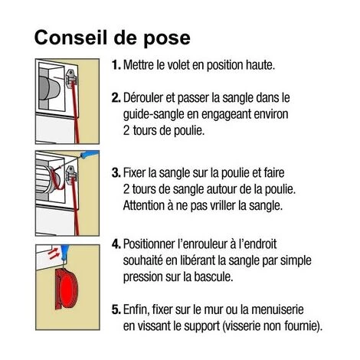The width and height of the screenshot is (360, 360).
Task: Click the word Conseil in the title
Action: pos(70,38)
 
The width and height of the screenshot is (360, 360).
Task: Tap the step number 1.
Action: pos(116,65)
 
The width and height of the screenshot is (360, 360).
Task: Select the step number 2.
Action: pos(116,98)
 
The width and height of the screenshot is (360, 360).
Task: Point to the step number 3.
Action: pos(116,173)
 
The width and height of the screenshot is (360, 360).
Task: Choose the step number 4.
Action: pos(116,244)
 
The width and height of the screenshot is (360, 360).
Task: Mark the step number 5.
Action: pos(116,309)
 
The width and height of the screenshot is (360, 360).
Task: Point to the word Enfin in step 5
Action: pos(136,310)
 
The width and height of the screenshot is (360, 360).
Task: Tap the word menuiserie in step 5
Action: pos(277,309)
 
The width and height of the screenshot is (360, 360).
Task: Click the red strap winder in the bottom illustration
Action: pos(67,288)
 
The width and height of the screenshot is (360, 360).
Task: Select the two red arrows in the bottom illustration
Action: pos(54,254)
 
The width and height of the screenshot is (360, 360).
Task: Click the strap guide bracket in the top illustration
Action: pos(72,79)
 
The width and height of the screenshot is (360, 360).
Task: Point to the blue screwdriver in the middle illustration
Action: pos(89,154)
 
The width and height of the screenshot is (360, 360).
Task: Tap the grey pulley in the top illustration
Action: pos(50,88)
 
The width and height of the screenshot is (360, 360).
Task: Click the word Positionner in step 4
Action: pos(149,244)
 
